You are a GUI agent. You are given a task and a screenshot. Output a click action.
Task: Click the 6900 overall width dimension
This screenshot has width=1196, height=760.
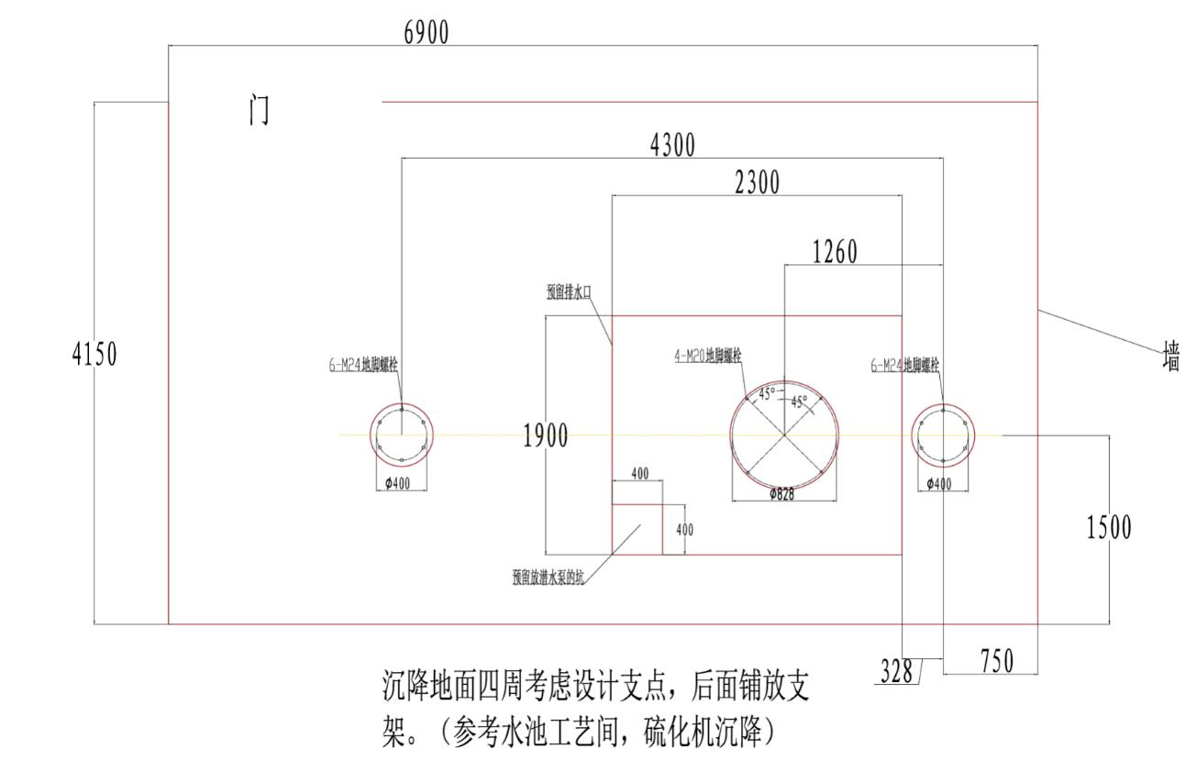(x=426, y=33)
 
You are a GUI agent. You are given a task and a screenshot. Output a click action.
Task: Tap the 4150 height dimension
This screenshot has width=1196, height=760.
(x=94, y=354)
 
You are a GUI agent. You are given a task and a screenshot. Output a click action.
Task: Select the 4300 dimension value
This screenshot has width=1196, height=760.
(x=672, y=145)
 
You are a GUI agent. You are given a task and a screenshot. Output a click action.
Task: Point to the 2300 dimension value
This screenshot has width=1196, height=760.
(x=757, y=183)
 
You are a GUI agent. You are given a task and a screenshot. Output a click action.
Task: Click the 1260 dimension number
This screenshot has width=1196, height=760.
(x=835, y=252)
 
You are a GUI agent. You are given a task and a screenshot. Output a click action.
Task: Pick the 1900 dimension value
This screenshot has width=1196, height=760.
(x=545, y=437)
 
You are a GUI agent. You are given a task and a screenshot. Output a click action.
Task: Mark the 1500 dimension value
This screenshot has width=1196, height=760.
(x=1109, y=528)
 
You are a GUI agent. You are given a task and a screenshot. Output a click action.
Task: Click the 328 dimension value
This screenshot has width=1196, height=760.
(x=895, y=672)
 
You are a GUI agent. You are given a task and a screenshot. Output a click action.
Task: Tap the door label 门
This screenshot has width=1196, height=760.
(x=260, y=110)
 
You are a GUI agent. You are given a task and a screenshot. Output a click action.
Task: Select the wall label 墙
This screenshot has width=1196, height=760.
(x=1170, y=356)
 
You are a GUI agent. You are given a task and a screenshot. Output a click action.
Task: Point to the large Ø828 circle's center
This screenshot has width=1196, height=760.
(x=784, y=435)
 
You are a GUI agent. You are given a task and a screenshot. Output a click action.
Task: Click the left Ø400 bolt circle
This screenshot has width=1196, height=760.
(x=402, y=435)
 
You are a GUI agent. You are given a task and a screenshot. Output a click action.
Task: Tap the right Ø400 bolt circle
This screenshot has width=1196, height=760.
(x=943, y=435)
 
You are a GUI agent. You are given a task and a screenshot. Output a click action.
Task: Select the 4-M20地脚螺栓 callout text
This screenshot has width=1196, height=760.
(x=708, y=357)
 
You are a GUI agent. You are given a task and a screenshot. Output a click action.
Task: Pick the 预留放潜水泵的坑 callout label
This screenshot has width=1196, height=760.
(x=548, y=578)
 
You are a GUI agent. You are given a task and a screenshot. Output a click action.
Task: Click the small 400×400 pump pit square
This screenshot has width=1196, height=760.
(x=637, y=529)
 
